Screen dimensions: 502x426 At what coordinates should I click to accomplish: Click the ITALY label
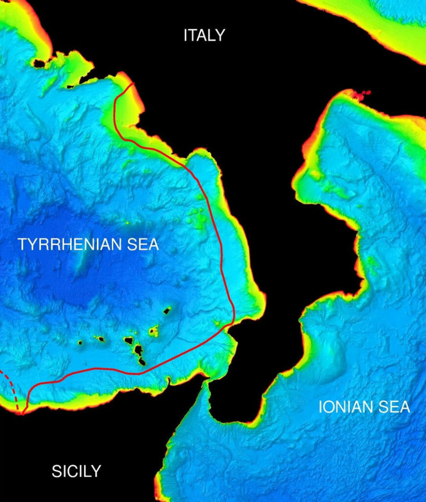pos(204,35)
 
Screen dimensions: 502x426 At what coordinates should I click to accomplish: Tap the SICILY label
pos(76,471)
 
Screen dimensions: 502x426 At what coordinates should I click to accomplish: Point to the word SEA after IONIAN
pos(396,407)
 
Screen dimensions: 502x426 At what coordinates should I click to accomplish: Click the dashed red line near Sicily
pos(11,387)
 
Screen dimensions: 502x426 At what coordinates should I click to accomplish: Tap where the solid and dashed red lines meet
pos(22,413)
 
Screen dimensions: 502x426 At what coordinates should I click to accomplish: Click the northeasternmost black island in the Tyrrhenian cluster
pos(167,310)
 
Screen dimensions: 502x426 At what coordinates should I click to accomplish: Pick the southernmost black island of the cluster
pos(142,362)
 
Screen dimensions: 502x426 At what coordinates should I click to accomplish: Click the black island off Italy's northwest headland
pos(38,63)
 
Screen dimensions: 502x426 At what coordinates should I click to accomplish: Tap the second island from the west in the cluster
pos(100,339)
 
